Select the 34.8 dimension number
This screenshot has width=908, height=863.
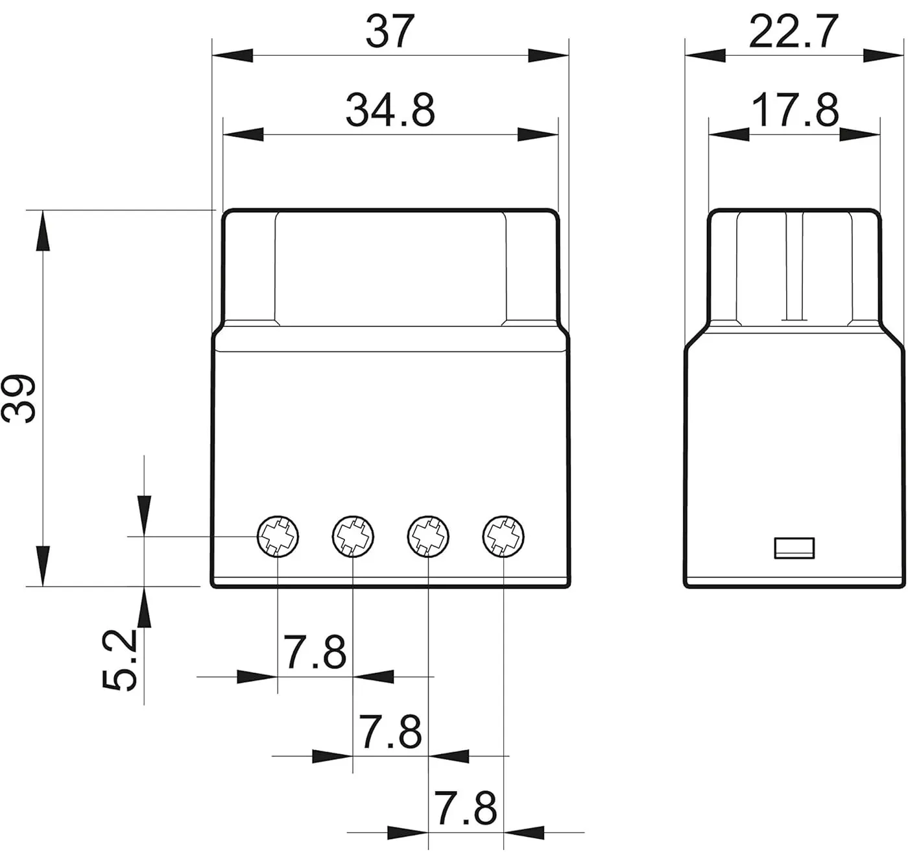coord(390,110)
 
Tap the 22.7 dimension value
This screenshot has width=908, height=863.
coord(793,31)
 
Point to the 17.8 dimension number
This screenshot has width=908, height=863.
coord(795,110)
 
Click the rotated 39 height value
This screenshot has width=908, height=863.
coord(18,398)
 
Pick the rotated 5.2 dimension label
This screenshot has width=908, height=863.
coord(119,660)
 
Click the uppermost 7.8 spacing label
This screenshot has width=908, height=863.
coord(315,652)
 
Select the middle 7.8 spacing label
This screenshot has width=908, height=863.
coord(390,732)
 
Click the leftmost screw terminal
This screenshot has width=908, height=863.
coord(278,537)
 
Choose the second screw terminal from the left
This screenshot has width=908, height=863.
coord(353,537)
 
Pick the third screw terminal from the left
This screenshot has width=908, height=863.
coord(428,537)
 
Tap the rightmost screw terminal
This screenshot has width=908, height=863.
coord(503,537)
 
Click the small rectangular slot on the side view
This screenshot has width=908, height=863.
coord(794,548)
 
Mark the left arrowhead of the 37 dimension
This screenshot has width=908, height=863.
coord(232,55)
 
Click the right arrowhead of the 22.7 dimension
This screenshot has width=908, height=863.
coord(883,55)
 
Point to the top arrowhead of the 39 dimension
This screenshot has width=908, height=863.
coord(43,230)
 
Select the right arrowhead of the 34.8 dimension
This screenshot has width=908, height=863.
coord(538,134)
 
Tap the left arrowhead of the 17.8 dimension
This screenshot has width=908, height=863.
coord(729,134)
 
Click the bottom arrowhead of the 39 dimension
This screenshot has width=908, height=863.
coord(43,566)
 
